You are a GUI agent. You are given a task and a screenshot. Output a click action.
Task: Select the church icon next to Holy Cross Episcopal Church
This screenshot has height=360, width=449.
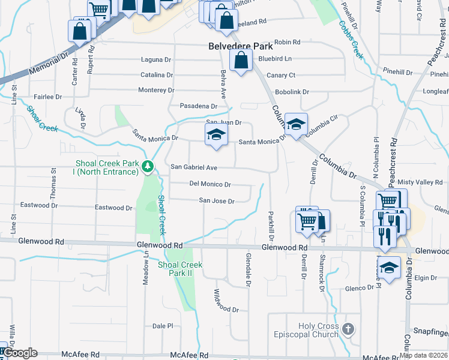[349, 328]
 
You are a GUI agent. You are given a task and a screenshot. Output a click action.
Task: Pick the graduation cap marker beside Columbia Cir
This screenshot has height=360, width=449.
[296, 124]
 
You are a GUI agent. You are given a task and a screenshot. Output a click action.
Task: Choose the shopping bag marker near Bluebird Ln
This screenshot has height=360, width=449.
[241, 61]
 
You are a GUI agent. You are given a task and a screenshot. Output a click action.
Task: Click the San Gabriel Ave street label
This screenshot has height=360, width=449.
[194, 167]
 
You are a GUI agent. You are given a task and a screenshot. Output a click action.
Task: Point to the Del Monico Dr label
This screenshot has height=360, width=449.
[210, 184]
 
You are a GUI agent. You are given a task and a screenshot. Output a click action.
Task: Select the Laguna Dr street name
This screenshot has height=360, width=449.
[156, 60]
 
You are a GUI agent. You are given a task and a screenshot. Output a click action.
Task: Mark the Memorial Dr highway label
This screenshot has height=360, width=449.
[43, 67]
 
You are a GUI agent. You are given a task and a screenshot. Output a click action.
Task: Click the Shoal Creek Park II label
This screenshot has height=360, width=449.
[180, 268]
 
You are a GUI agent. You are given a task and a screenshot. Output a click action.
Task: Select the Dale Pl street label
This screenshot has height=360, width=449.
[163, 326]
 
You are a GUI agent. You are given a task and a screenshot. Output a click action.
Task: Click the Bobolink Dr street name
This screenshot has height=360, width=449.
[292, 92]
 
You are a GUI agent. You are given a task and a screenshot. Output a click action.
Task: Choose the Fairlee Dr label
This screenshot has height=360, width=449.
[48, 97]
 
